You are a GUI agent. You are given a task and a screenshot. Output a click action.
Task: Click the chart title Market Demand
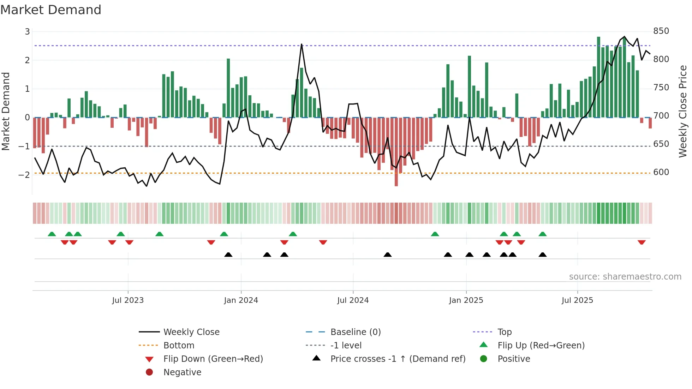pyautogui.click(x=51, y=10)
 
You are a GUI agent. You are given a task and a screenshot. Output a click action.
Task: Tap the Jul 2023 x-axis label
pyautogui.click(x=128, y=300)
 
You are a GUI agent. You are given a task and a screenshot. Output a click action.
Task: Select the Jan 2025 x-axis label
pyautogui.click(x=466, y=300)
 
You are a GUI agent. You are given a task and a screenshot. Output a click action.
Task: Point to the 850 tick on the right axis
pyautogui.click(x=661, y=31)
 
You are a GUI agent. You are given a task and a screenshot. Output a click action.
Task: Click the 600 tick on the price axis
pyautogui.click(x=661, y=172)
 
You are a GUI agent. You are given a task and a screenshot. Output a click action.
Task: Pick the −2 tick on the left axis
pyautogui.click(x=24, y=175)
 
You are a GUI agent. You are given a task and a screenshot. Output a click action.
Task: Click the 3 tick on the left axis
pyautogui.click(x=27, y=32)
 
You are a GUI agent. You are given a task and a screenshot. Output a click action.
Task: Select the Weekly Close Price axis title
pyautogui.click(x=683, y=111)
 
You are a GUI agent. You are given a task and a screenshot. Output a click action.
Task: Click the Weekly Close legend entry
pyautogui.click(x=191, y=332)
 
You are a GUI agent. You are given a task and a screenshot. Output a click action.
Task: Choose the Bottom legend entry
pyautogui.click(x=179, y=346)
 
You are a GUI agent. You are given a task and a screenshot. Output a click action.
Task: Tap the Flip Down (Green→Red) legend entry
pyautogui.click(x=213, y=359)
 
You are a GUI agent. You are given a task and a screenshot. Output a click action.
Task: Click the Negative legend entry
pyautogui.click(x=182, y=372)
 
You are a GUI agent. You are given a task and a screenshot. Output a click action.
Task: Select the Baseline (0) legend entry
pyautogui.click(x=355, y=332)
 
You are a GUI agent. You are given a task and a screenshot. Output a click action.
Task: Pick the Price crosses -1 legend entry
pyautogui.click(x=398, y=359)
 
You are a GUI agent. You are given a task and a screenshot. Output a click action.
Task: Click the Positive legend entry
pyautogui.click(x=514, y=359)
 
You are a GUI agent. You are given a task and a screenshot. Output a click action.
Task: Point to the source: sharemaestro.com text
pyautogui.click(x=625, y=277)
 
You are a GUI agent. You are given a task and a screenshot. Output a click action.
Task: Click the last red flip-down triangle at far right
pyautogui.click(x=642, y=242)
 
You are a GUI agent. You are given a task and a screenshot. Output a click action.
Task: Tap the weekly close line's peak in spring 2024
pyautogui.click(x=302, y=44)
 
